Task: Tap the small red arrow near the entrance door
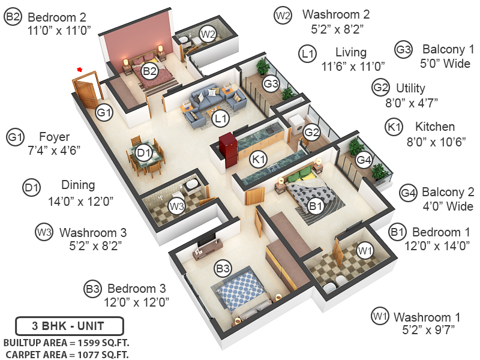79,70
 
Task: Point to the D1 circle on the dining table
143,154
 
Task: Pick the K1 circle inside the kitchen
259,160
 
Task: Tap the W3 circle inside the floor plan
176,207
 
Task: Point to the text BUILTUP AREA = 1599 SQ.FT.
66,343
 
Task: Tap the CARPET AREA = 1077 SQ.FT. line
66,354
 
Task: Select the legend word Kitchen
435,127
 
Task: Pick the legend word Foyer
54,137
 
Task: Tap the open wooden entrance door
85,90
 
